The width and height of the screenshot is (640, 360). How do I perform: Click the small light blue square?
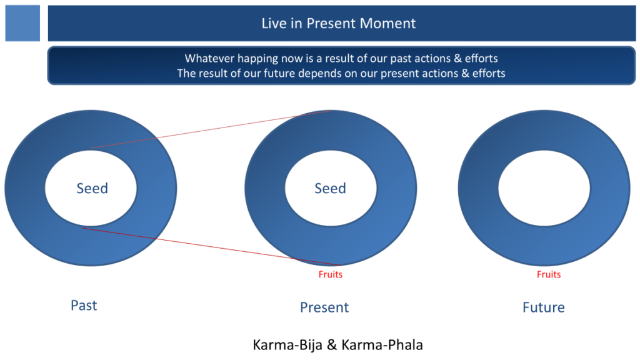click(x=22, y=23)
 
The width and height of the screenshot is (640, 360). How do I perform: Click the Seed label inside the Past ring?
click(x=92, y=188)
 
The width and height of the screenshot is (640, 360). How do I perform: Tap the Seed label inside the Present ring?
click(x=330, y=188)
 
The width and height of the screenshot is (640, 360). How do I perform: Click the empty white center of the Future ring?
click(x=544, y=188)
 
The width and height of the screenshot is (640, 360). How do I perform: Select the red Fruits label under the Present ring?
click(x=331, y=274)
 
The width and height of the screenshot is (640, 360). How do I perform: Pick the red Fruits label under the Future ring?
click(x=549, y=274)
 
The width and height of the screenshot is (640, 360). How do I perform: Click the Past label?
click(x=84, y=305)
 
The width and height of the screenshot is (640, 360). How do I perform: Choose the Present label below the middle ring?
click(x=324, y=307)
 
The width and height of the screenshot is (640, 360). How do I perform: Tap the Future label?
click(x=544, y=307)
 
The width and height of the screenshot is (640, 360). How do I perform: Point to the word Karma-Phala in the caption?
click(x=382, y=345)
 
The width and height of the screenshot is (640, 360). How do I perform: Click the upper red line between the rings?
click(x=211, y=129)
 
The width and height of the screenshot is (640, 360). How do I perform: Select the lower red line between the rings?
click(x=212, y=247)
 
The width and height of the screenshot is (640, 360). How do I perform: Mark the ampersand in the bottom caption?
click(x=332, y=345)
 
